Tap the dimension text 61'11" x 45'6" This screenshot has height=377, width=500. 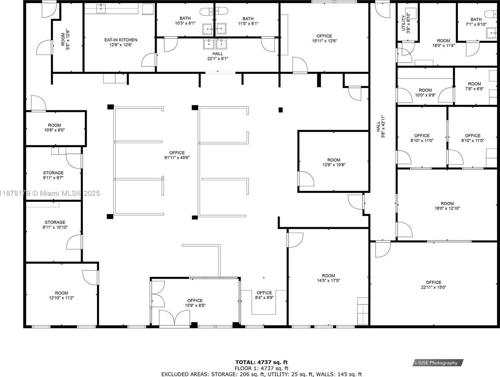click(x=177, y=158)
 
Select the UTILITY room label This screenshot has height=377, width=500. click(x=403, y=23)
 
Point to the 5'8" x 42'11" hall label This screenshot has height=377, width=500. click(x=380, y=126)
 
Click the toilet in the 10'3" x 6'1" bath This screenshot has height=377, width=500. click(x=206, y=12)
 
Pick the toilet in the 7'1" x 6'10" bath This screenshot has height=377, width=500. click(x=491, y=14)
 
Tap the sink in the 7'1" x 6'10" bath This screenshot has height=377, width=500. click(x=491, y=33)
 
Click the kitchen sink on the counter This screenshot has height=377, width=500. click(x=101, y=8)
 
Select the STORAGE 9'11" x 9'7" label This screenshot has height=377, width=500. click(x=53, y=175)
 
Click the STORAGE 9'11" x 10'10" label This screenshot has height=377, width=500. click(x=55, y=225)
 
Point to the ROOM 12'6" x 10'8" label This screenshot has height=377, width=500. click(x=334, y=162)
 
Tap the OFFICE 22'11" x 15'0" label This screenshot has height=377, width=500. click(x=433, y=285)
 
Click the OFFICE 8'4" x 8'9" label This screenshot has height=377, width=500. click(x=264, y=295)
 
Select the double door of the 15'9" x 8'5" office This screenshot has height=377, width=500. click(x=174, y=319)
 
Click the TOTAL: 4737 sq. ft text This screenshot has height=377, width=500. click(x=261, y=362)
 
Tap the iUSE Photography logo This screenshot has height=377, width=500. click(x=438, y=363)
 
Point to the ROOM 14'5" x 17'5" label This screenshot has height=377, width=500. click(x=328, y=278)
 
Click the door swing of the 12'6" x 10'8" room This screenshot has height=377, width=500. click(x=306, y=179)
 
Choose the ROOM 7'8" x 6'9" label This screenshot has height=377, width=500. click(x=474, y=86)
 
